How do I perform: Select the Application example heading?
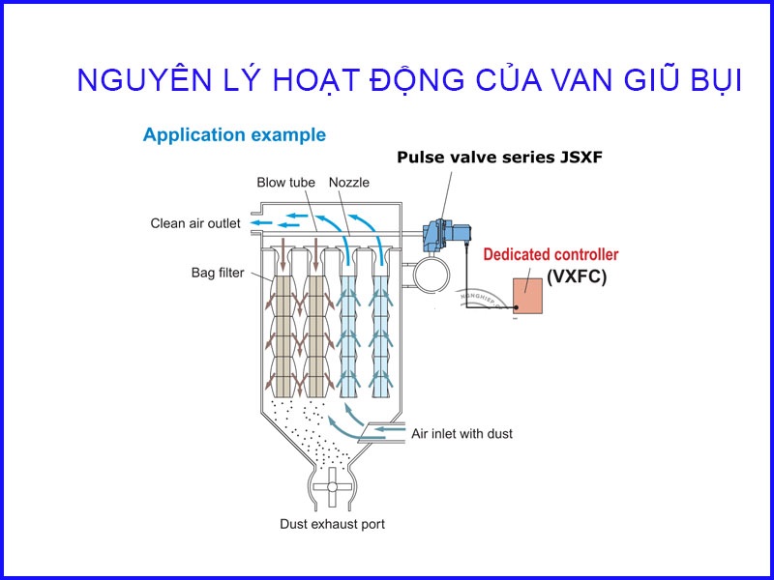(x=234, y=135)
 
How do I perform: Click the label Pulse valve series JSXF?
(x=499, y=158)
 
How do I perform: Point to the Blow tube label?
(x=285, y=183)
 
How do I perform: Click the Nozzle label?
(x=349, y=183)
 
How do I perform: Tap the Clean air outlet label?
(x=195, y=223)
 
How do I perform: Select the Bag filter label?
(x=218, y=273)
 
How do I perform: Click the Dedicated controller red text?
(x=551, y=254)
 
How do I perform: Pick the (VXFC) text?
(x=576, y=276)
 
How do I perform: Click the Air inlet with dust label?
(x=462, y=433)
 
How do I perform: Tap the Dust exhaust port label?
(x=332, y=524)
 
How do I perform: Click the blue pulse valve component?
(x=445, y=235)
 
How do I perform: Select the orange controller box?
(x=527, y=296)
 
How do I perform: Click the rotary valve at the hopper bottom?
(x=332, y=487)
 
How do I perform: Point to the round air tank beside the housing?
(x=432, y=275)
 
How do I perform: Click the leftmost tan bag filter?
(x=283, y=336)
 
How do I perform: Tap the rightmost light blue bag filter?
(x=380, y=336)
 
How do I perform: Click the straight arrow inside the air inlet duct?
(x=390, y=429)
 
